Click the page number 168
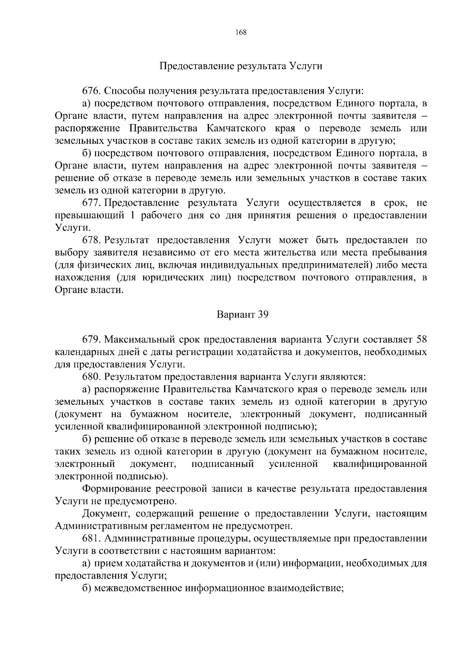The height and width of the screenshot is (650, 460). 241,32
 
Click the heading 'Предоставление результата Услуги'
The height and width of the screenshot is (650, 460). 241,66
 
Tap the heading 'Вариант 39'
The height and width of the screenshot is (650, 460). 242,315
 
